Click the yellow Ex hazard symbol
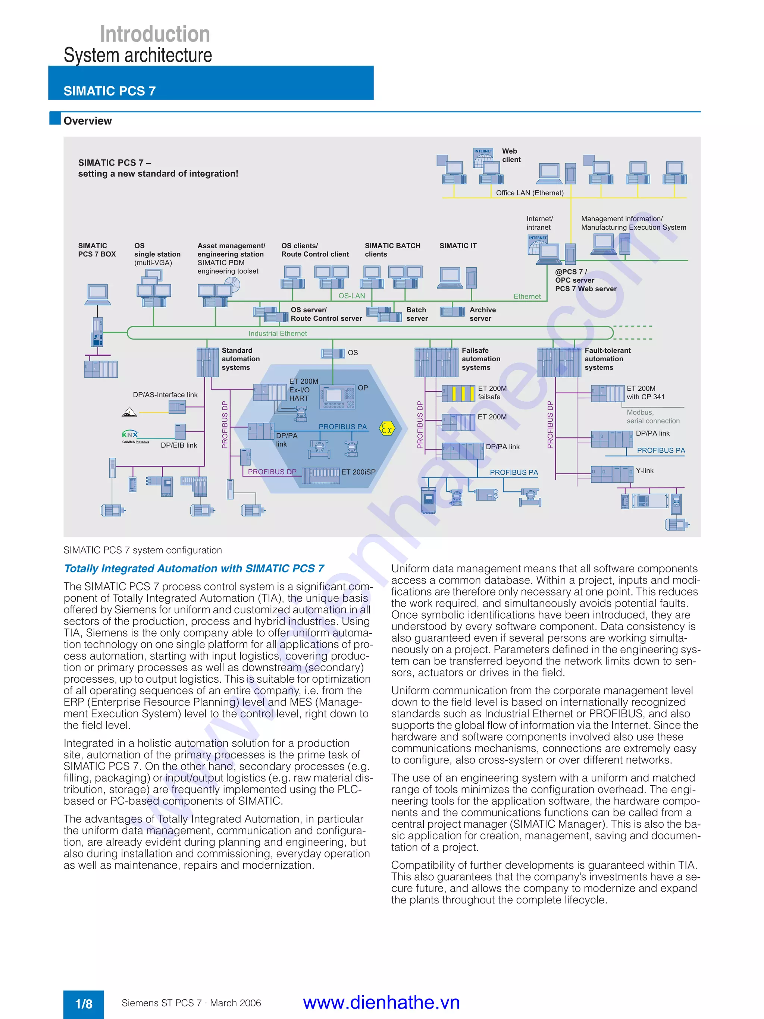click(x=387, y=429)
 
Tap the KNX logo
click(x=130, y=434)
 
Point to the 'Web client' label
click(x=511, y=155)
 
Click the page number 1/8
click(x=84, y=1004)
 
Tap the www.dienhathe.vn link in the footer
click(x=381, y=1003)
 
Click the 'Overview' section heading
click(x=88, y=121)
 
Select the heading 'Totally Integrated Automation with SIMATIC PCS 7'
click(x=194, y=569)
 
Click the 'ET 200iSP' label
click(x=358, y=472)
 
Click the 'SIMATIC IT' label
click(x=458, y=246)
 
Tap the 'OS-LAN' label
click(x=351, y=296)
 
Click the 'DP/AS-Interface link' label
click(x=165, y=395)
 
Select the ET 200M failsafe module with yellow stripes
click(x=458, y=393)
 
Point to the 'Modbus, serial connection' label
click(x=652, y=417)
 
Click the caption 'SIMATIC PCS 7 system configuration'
click(x=143, y=550)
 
